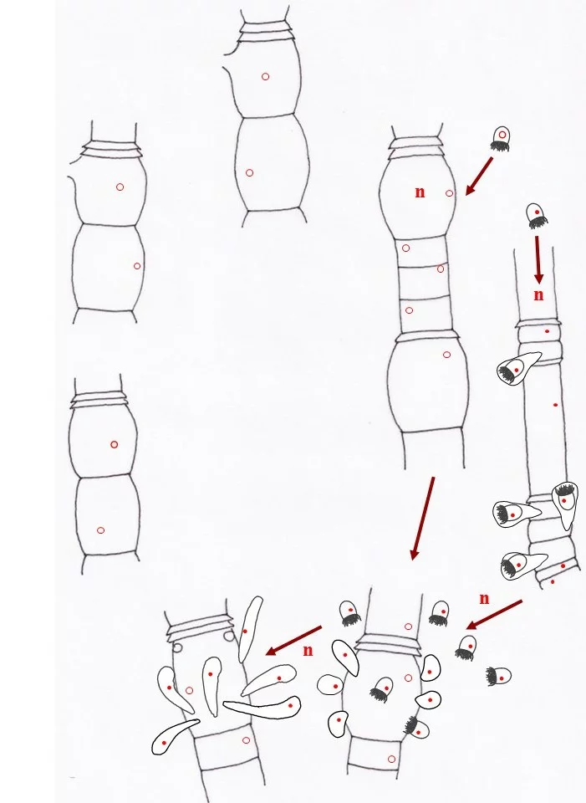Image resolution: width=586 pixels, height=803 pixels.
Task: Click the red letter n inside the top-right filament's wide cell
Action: (x=420, y=192)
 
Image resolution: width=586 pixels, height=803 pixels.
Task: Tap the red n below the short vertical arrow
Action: (x=538, y=295)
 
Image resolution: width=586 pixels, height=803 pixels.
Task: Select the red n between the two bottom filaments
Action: (x=308, y=651)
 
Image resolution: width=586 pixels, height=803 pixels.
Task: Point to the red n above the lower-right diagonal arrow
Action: (x=484, y=598)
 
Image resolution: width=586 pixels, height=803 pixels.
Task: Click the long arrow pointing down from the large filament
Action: (x=422, y=519)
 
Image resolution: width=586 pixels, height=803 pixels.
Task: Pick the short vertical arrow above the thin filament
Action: (x=538, y=259)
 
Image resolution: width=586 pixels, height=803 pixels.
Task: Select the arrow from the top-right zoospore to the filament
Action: (x=478, y=176)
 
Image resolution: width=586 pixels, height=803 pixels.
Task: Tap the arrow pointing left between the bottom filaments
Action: (x=293, y=640)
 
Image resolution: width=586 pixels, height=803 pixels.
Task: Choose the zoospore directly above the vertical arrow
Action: (x=537, y=216)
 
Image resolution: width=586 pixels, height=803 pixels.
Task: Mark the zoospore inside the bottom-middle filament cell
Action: (x=382, y=688)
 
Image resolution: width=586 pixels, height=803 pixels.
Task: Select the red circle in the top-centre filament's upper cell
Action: (x=265, y=77)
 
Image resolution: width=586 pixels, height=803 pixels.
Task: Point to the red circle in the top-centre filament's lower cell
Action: (x=249, y=173)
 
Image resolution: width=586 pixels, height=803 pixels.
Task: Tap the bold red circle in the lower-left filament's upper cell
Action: (x=115, y=444)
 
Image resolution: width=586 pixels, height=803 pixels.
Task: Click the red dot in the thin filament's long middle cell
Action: (x=556, y=405)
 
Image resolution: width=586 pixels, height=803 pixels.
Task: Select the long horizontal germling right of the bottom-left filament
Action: (x=262, y=708)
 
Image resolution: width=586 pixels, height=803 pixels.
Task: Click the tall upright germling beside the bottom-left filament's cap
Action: (x=250, y=629)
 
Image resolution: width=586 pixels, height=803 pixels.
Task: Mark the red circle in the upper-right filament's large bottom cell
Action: (x=446, y=355)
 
